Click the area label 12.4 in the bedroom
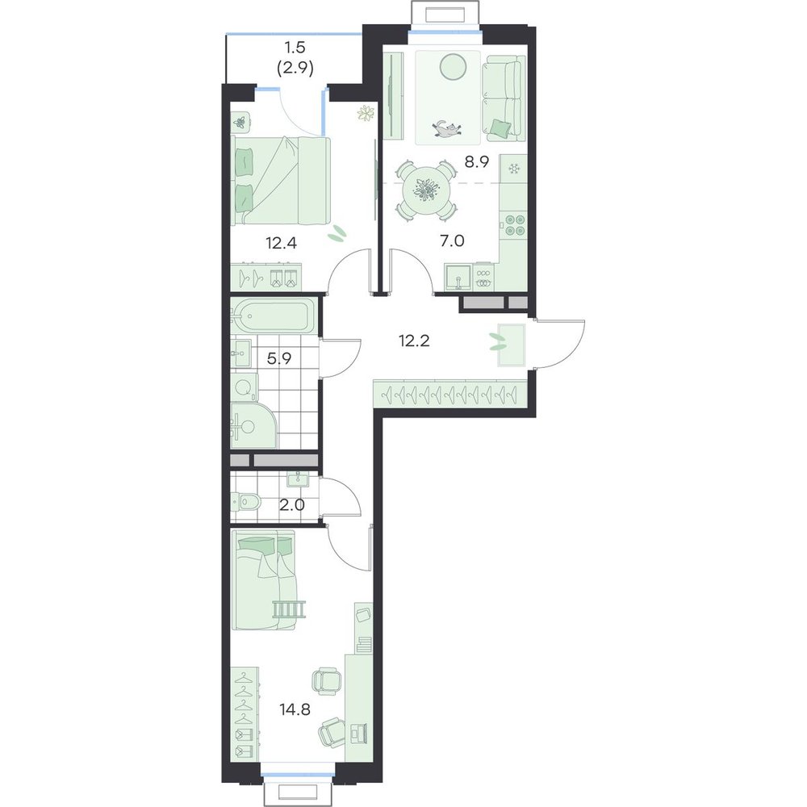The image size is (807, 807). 281,241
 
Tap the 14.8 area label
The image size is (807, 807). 295,709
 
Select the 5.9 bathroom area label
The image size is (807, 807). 279,358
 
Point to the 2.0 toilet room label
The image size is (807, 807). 292,505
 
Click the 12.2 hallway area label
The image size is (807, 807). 414,341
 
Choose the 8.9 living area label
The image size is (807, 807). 477,162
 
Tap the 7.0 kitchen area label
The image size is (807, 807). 452,240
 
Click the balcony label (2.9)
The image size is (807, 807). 295,68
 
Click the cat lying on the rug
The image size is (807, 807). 447,128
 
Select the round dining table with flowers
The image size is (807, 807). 425,191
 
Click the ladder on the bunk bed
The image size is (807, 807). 291,609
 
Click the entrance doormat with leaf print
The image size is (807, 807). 511,345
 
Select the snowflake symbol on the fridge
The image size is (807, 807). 512,169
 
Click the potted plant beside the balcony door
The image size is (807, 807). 366,113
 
